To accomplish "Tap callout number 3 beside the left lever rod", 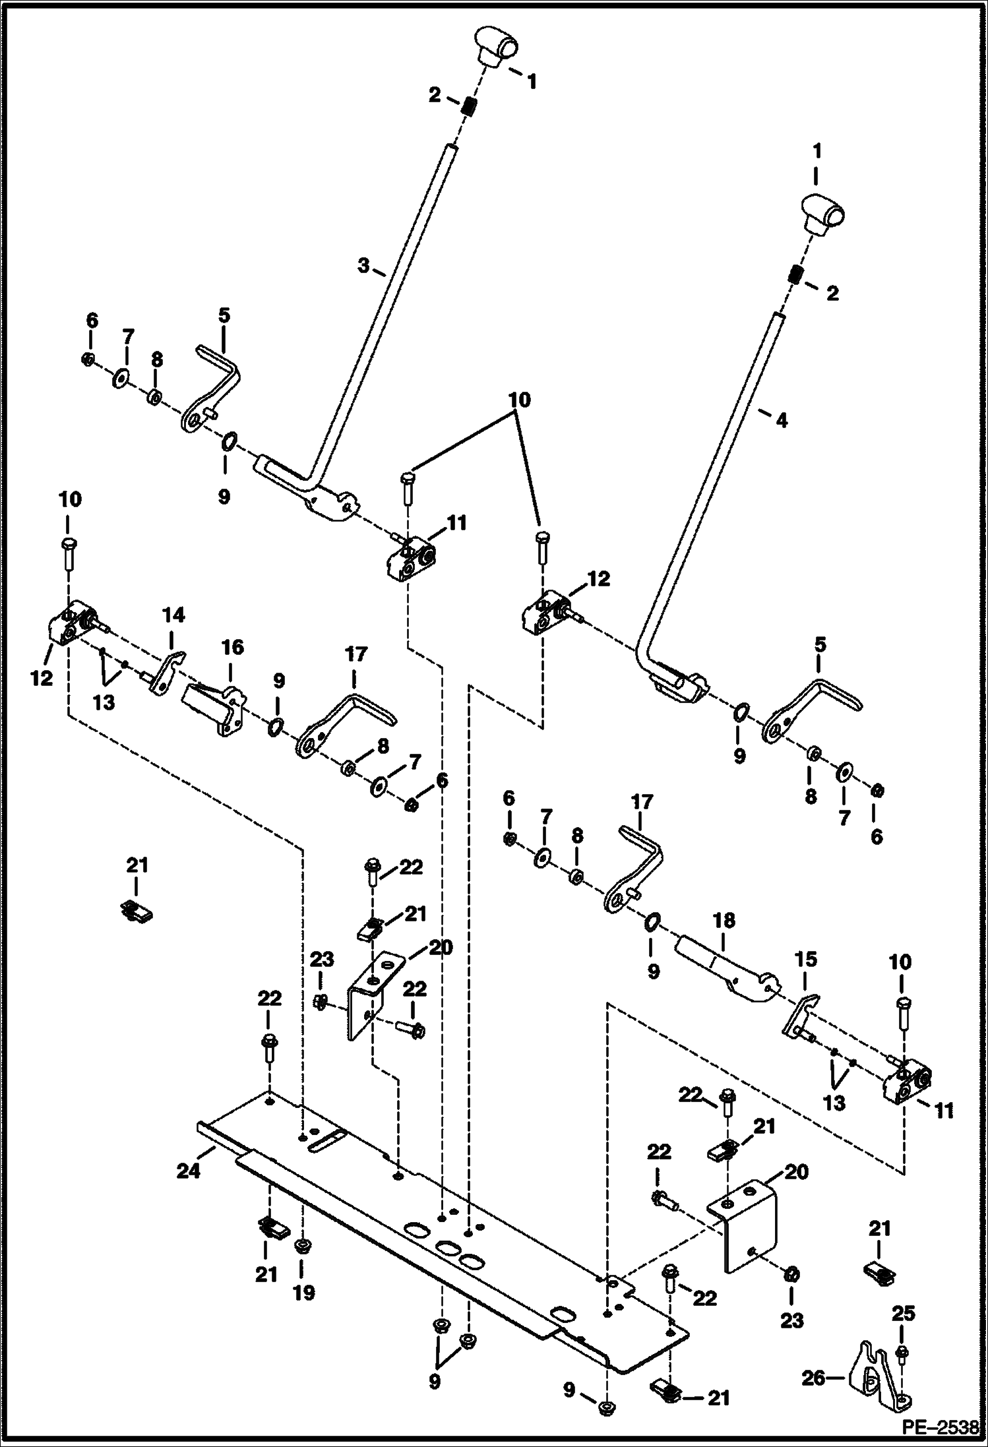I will coord(363,266).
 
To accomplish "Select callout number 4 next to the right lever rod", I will coord(782,420).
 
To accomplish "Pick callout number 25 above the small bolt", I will coord(903,1314).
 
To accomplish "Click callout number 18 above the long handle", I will coord(724,921).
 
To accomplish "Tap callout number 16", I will coord(232,647).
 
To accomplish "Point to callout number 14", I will coord(173,616).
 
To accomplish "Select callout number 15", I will coord(806,959).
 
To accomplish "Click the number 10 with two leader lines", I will coord(519,400).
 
